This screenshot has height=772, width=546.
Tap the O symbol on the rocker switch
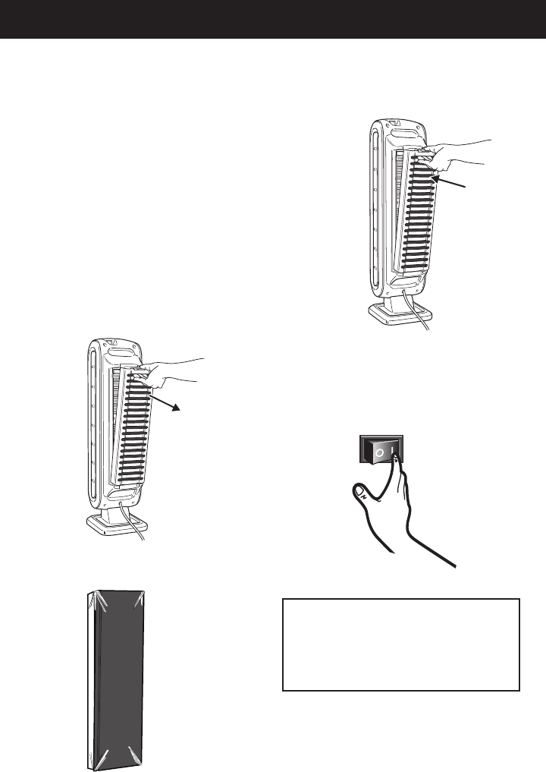pyautogui.click(x=378, y=453)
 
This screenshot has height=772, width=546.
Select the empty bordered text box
pyautogui.click(x=400, y=644)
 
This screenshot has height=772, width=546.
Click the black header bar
pyautogui.click(x=273, y=19)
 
